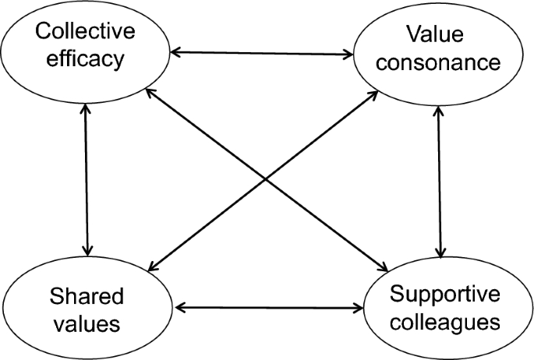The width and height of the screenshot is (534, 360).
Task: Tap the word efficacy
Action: tap(84, 59)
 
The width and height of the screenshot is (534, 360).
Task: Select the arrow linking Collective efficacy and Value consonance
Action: tap(262, 53)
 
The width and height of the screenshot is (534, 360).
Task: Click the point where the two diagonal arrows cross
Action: tap(264, 180)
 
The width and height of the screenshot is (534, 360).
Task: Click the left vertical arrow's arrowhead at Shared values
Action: tap(87, 249)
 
